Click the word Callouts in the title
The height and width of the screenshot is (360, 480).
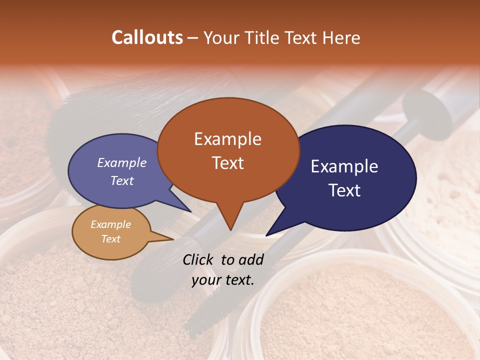[147, 37]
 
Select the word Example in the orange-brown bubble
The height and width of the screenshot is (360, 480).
[227, 139]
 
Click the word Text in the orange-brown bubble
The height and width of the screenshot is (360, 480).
[227, 162]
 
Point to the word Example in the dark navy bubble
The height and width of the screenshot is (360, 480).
[344, 166]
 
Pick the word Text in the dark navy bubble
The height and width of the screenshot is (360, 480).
[345, 190]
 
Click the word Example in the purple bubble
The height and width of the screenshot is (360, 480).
[121, 162]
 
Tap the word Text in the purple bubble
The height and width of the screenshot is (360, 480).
[121, 180]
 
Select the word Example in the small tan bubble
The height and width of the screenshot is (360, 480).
[110, 224]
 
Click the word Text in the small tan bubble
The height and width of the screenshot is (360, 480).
[110, 239]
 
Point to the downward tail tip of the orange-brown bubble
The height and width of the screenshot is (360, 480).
[230, 230]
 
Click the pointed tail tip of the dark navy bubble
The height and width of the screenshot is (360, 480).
[266, 235]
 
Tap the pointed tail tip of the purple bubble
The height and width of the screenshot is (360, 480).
[190, 211]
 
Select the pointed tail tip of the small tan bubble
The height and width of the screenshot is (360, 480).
[173, 239]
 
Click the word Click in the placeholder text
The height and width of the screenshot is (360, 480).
[199, 259]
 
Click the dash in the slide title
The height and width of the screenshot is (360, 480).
[193, 38]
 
